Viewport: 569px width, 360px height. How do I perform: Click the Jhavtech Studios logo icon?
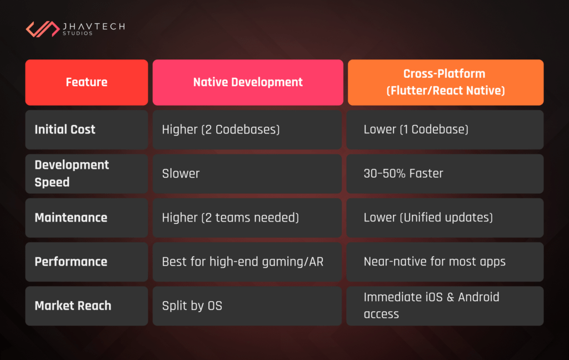43,29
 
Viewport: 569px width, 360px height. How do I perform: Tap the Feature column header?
87,82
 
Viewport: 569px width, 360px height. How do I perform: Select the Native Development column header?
248,82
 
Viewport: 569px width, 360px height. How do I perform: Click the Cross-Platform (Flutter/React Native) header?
446,82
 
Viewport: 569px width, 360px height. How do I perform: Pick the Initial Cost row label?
65,129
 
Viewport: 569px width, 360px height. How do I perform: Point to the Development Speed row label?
72,173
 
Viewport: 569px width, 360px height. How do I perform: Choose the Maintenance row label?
71,217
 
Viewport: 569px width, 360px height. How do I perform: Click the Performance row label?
71,262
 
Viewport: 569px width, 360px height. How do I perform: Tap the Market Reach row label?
73,306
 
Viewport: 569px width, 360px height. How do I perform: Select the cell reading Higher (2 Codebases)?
221,129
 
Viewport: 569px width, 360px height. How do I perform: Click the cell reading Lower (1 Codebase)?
416,129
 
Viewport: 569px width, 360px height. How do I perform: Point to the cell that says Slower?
181,173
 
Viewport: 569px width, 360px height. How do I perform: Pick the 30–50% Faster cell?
403,173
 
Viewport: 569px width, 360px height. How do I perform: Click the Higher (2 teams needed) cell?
230,217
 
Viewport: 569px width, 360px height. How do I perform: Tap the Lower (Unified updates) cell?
428,217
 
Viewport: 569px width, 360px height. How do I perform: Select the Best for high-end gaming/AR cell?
242,262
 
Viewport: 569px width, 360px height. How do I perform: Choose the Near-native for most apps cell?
435,262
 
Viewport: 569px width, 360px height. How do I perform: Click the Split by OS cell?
192,306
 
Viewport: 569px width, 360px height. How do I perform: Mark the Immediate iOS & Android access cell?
431,306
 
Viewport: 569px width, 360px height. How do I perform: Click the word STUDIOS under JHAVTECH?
78,34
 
